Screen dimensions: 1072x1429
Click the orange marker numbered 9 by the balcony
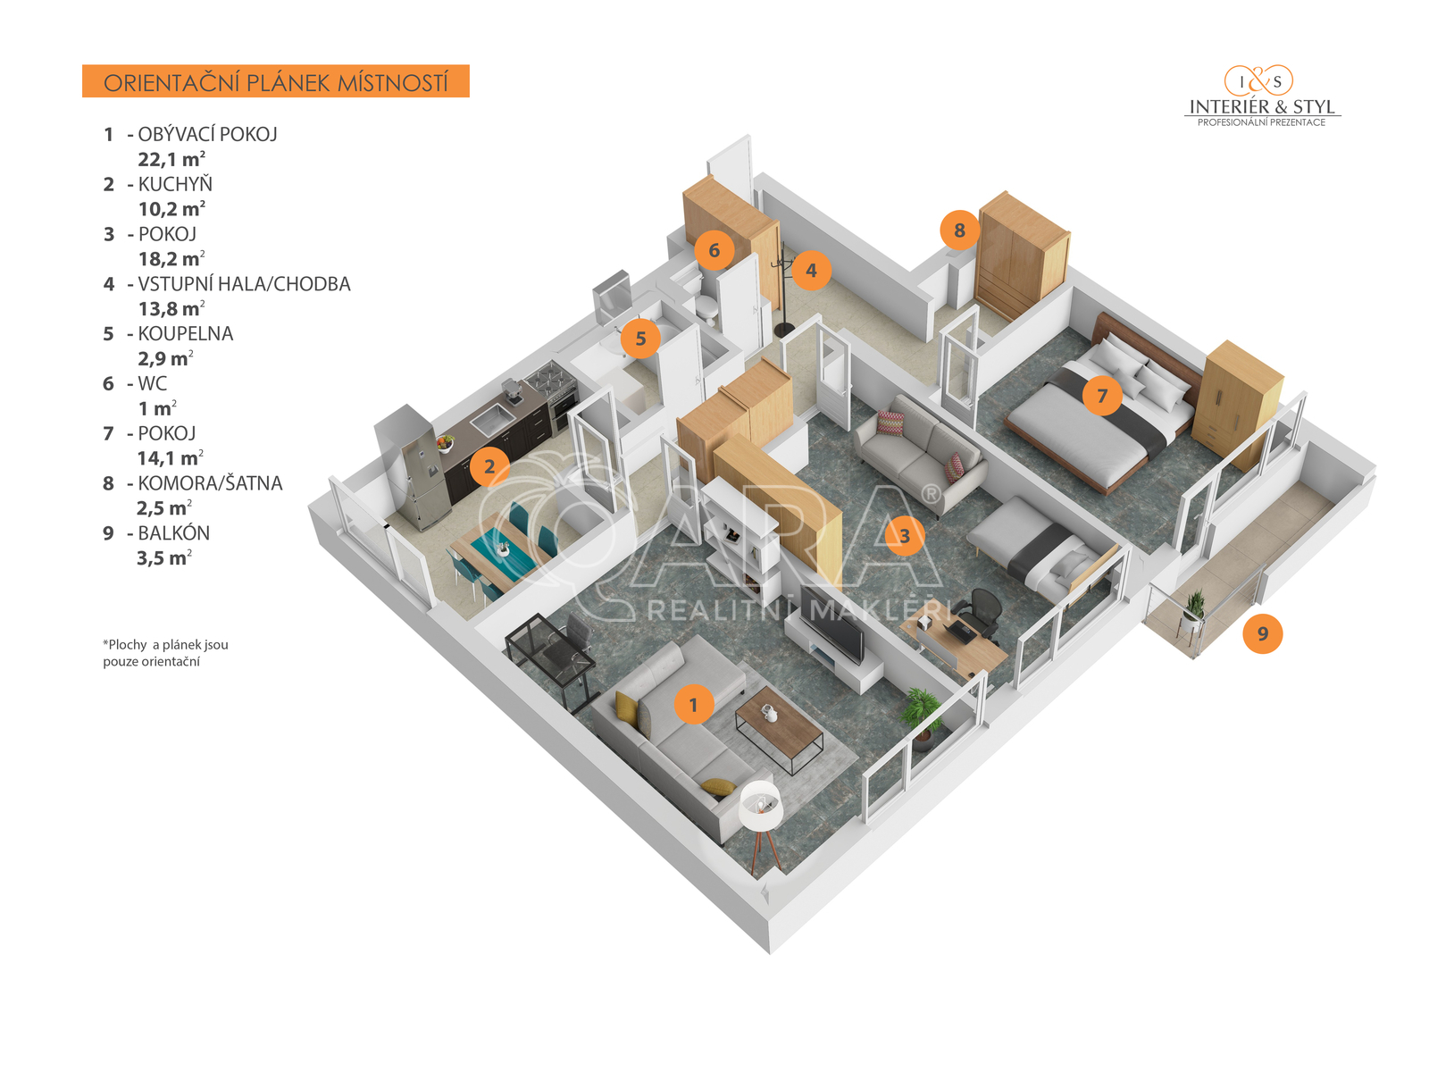(x=1262, y=633)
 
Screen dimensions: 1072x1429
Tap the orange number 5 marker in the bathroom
(x=640, y=339)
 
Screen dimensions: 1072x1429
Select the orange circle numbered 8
(x=959, y=230)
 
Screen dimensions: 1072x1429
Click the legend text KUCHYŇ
(x=175, y=184)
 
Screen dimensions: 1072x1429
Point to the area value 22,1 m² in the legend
(x=171, y=159)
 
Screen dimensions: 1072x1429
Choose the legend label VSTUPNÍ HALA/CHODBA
(x=244, y=284)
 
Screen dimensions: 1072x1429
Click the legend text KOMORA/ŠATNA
(x=210, y=483)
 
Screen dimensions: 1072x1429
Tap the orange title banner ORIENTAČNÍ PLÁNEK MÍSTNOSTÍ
(x=275, y=81)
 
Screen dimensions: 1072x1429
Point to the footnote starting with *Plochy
(x=165, y=652)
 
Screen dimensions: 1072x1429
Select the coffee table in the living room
(x=779, y=729)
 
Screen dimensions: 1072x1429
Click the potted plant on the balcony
(x=1194, y=607)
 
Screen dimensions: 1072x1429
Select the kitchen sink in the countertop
(x=489, y=415)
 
